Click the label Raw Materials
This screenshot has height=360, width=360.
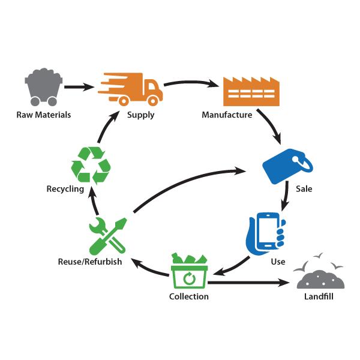point(43,115)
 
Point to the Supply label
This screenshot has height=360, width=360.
point(140,115)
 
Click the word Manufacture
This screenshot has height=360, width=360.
point(227,115)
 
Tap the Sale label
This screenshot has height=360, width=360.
point(304,189)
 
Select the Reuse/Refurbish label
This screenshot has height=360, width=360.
point(90,262)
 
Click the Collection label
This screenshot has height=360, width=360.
point(188,296)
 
